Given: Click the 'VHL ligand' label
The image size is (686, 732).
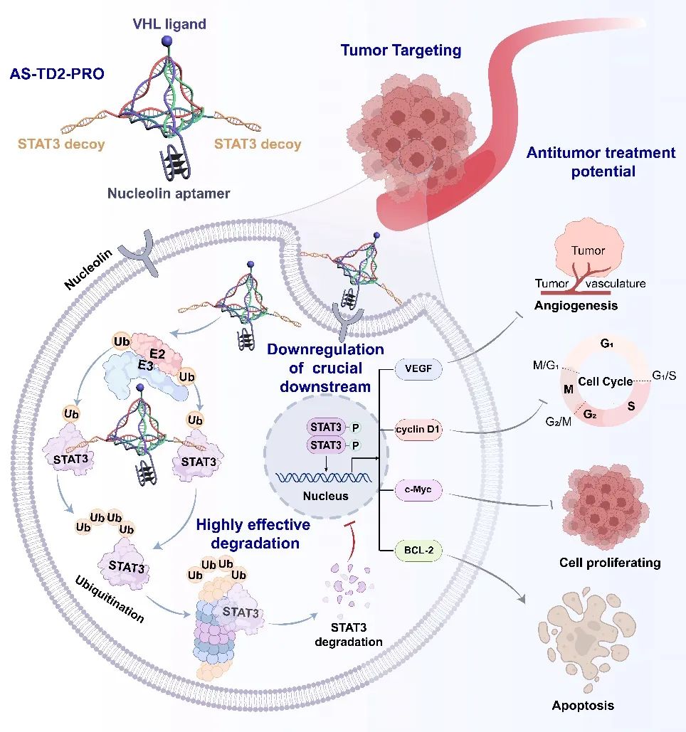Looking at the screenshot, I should pyautogui.click(x=169, y=24).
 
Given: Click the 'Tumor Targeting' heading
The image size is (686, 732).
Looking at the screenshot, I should pyautogui.click(x=401, y=51).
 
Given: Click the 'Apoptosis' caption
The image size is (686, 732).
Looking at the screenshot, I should pyautogui.click(x=583, y=706).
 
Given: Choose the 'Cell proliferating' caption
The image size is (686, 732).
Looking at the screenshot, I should pyautogui.click(x=609, y=563).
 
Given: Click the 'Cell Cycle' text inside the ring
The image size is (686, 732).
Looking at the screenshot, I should pyautogui.click(x=605, y=382).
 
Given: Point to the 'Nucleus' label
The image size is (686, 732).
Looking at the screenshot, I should pyautogui.click(x=327, y=495).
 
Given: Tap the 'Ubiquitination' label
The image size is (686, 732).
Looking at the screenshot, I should pyautogui.click(x=110, y=598).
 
